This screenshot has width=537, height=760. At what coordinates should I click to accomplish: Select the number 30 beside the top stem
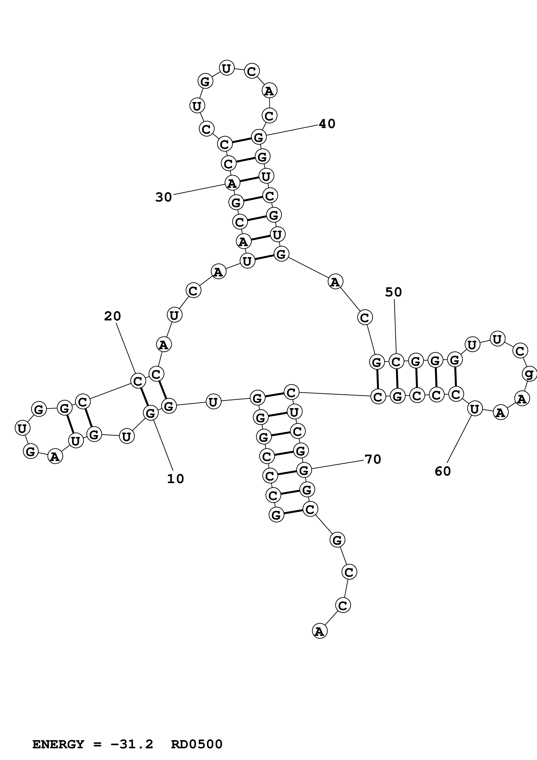(164, 197)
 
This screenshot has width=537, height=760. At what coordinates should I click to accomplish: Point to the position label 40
(327, 124)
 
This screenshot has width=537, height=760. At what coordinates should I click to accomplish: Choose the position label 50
(393, 292)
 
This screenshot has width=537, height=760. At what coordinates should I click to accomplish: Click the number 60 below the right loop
(443, 471)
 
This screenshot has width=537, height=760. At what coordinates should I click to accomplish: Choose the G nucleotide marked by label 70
(304, 470)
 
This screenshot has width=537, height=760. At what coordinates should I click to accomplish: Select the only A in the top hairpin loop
(269, 91)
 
